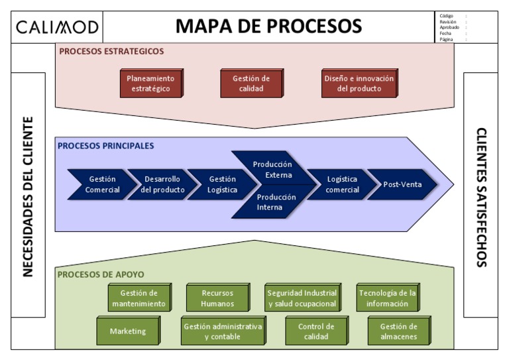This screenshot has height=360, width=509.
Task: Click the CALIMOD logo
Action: point(58,27)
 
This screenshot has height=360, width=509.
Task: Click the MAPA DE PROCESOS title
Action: point(268,27)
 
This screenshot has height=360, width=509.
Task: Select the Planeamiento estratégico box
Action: point(150,84)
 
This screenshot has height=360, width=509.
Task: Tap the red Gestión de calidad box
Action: point(251,84)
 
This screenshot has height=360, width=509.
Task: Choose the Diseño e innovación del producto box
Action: point(359,84)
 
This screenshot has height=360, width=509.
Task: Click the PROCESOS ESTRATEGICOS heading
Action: point(111,51)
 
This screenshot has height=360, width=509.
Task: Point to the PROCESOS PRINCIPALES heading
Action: point(105,146)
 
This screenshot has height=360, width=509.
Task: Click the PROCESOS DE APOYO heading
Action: point(100,274)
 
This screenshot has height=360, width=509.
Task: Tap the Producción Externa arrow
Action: point(273,170)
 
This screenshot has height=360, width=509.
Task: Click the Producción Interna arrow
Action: point(273,202)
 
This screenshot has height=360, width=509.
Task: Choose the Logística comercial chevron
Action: point(342,184)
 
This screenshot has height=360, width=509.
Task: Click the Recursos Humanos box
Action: point(217,298)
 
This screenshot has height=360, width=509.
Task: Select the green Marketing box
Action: point(128,331)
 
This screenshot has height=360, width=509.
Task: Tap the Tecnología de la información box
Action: point(387,298)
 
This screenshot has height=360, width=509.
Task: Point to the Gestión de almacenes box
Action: point(398,331)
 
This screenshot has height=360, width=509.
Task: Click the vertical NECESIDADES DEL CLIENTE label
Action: point(28,196)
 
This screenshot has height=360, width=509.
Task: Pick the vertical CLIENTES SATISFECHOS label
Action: point(481,196)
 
